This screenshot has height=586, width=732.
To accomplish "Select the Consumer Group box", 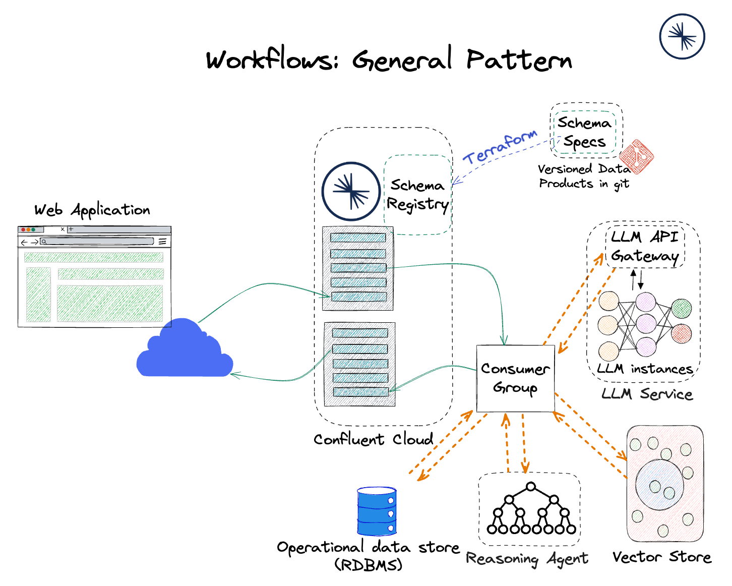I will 515,378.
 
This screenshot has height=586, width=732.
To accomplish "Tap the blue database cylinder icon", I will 377,511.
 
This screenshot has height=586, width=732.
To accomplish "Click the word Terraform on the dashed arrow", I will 500,147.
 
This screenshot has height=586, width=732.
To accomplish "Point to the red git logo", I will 636,156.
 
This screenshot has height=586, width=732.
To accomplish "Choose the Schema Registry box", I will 417,195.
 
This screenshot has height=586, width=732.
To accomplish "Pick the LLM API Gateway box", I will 645,247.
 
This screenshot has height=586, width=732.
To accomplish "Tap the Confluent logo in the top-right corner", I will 682,36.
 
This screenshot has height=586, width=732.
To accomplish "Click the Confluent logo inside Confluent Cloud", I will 351,191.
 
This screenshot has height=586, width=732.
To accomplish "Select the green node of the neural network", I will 682,308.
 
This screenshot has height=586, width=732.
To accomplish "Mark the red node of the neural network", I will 682,334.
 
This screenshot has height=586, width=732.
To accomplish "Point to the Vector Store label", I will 661,557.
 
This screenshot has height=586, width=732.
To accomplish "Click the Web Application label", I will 92,210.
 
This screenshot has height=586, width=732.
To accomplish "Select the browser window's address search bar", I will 97,242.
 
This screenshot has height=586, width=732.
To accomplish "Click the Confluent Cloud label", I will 373,439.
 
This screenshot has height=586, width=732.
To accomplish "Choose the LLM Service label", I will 647,394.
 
